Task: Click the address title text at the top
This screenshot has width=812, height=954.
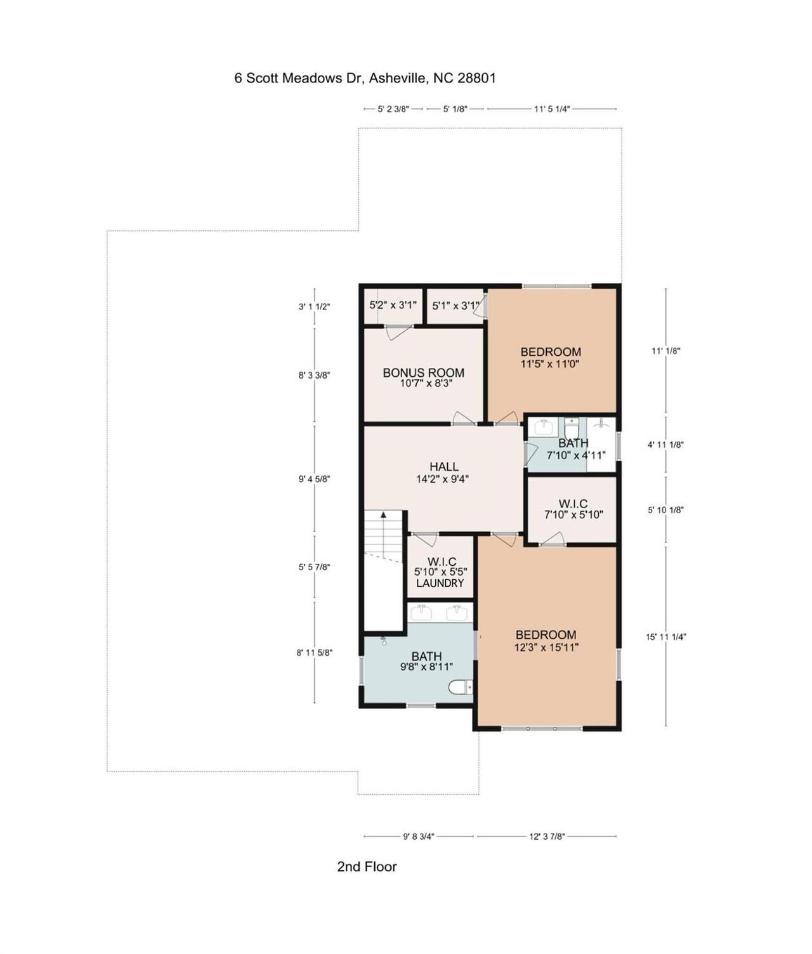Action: coord(365,78)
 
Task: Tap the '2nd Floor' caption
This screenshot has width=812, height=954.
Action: coord(367,866)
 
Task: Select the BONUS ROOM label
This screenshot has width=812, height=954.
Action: coord(423,372)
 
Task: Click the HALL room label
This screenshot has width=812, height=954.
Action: coord(443,467)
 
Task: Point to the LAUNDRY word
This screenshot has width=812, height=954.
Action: coord(440,583)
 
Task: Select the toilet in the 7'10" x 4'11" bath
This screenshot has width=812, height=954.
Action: coord(572,424)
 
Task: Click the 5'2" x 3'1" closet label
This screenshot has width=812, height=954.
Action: coord(393,305)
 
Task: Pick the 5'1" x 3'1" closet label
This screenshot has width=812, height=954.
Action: coord(455,306)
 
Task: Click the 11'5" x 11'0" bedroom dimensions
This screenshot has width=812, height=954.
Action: coord(550,364)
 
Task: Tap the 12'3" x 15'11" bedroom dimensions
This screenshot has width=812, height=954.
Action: coord(546,647)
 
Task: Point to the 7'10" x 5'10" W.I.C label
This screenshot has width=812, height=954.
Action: coord(573,514)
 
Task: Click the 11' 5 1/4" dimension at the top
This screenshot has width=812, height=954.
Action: coord(551,109)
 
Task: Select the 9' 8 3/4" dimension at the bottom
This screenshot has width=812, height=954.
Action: coord(418,836)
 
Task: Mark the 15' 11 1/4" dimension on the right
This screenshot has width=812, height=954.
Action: coord(665,637)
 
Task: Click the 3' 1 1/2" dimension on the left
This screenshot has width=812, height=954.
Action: coord(315,306)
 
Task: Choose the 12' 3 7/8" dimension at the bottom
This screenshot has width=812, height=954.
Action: coord(547,836)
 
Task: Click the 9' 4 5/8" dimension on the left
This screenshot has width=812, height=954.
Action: coord(315,479)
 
